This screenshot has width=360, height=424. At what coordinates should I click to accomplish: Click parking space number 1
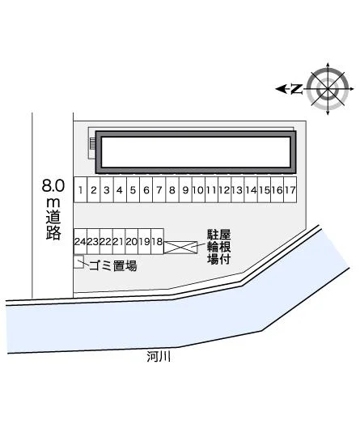point(81,189)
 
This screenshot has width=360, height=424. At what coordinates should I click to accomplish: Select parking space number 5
point(133,189)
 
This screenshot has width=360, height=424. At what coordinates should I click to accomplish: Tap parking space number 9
point(185,189)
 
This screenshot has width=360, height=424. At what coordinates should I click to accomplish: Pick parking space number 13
point(238,189)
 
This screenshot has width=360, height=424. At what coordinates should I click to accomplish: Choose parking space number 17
point(290,189)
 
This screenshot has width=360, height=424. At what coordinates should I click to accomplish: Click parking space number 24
point(80,241)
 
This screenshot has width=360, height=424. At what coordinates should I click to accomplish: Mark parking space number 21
point(119,241)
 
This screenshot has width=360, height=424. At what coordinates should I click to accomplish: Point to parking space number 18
point(157,241)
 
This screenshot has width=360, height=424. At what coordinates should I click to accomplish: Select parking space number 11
point(211,189)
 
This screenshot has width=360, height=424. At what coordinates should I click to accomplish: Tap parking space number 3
point(107,189)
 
